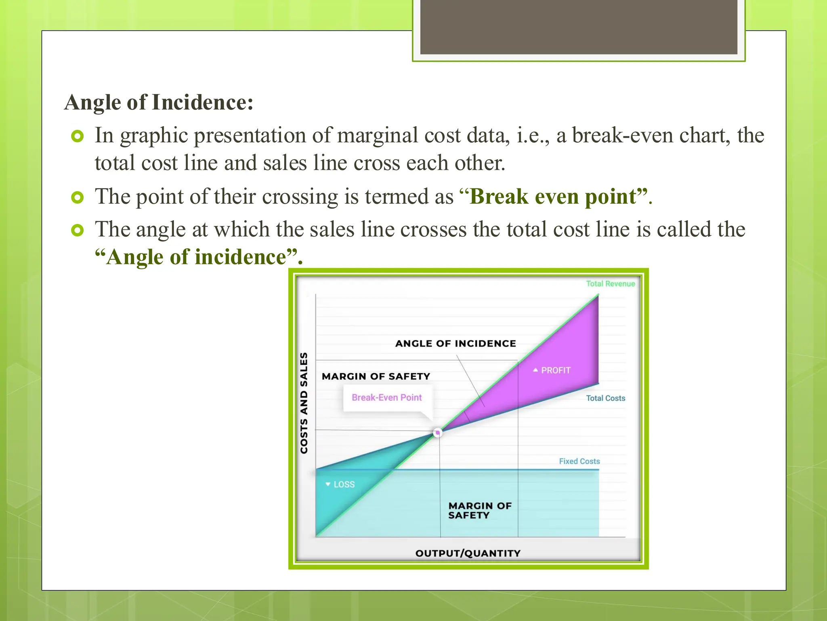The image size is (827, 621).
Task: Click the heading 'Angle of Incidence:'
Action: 159,102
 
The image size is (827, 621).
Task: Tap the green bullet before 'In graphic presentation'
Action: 77,136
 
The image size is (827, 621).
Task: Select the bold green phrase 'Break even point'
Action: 553,197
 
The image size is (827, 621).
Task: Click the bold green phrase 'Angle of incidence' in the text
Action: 197,257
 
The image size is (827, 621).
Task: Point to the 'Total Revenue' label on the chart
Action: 610,284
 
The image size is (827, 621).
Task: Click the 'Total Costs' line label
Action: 605,398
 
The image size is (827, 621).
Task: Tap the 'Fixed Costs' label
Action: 579,461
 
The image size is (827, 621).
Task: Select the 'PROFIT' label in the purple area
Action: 555,370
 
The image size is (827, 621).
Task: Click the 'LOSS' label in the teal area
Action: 344,484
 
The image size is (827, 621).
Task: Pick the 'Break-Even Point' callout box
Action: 386,398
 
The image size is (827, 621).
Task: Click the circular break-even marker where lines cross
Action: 437,433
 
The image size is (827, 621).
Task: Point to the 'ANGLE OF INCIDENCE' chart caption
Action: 455,344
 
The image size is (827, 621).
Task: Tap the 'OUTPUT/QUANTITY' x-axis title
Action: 468,553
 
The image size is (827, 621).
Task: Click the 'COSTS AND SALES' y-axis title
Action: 304,403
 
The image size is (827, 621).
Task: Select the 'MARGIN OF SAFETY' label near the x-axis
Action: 479,510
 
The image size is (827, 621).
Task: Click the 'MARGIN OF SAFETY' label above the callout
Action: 376,376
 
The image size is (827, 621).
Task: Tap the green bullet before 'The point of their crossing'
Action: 77,198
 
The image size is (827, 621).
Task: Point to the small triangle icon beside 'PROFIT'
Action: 535,370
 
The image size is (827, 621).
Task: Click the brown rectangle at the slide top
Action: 578,27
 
